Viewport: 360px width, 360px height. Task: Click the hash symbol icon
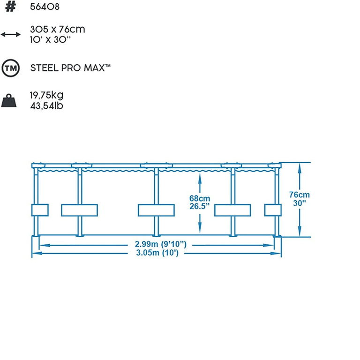coord(11,7)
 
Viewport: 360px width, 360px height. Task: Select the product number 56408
coord(45,7)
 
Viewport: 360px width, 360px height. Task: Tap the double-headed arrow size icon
coord(11,34)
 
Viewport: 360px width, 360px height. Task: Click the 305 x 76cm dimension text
coord(58,30)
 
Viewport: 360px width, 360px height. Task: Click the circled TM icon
coord(11,68)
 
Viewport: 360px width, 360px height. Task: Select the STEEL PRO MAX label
coord(70,68)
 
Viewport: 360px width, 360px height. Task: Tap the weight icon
coord(11,101)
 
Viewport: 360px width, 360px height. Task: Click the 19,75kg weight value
coord(47,96)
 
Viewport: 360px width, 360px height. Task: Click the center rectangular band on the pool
coord(156,210)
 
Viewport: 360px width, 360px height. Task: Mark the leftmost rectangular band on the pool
coord(40,210)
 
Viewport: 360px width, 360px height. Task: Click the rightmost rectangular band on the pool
coord(272,210)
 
